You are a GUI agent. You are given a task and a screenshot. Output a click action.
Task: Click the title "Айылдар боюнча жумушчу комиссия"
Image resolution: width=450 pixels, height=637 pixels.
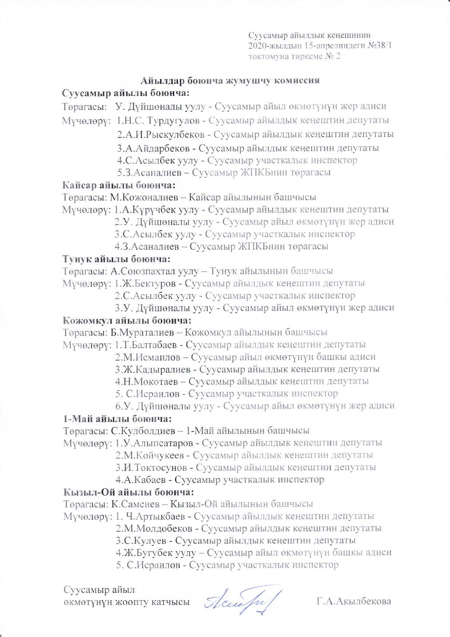pos(230,80)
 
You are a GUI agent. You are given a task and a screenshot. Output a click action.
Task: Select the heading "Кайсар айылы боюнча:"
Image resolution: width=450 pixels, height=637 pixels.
pos(119,185)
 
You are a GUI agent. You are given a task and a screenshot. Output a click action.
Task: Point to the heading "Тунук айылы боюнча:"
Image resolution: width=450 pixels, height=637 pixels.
pos(116,259)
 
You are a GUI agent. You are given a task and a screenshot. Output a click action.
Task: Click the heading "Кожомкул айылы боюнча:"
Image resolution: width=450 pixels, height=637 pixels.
pos(127,320)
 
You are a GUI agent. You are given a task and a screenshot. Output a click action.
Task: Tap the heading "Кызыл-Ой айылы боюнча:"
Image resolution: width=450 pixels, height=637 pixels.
pos(128,492)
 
